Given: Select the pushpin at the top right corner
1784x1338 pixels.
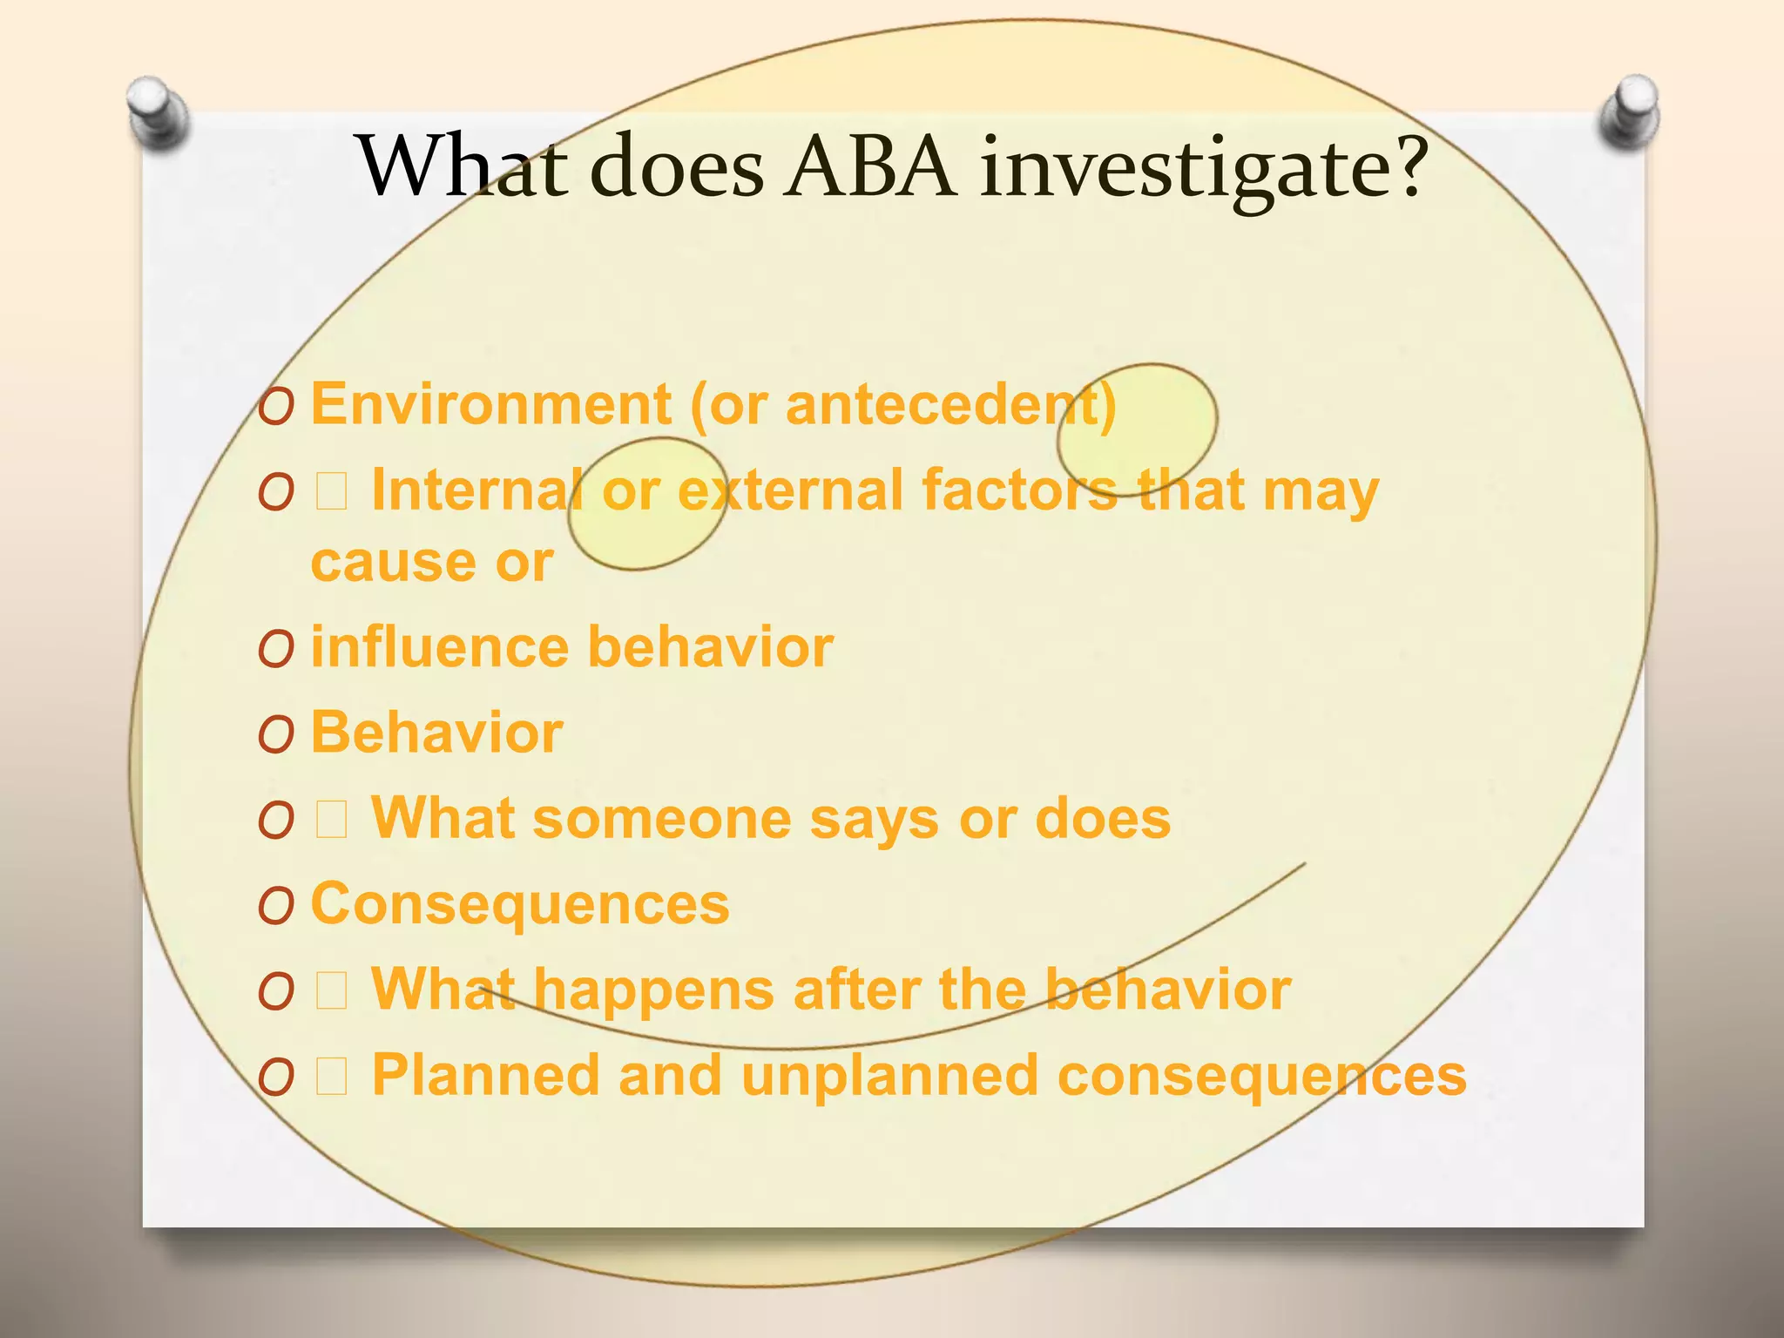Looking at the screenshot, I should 1629,110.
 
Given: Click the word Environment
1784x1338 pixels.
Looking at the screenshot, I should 490,405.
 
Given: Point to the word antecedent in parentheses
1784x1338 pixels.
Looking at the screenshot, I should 941,405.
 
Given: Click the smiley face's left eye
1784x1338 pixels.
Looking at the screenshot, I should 647,503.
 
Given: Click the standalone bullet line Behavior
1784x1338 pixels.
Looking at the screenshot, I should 436,733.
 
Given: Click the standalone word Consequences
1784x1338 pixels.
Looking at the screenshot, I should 520,904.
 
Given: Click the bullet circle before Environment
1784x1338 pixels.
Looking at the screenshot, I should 275,408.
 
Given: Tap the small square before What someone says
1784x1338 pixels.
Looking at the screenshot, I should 332,820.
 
